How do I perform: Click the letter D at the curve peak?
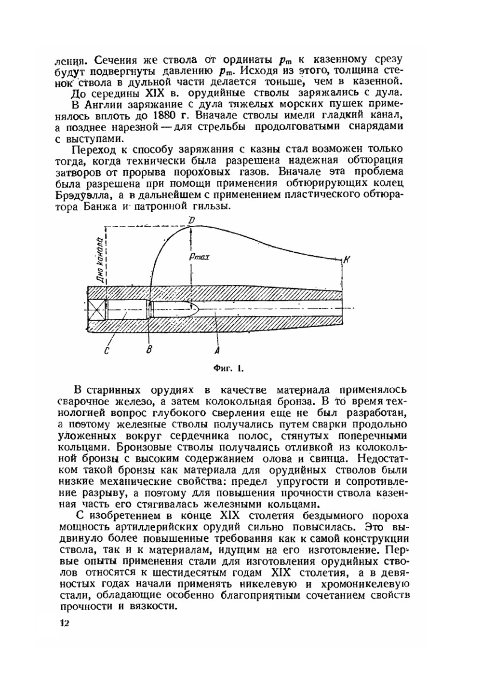(191, 220)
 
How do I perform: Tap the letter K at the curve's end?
(347, 260)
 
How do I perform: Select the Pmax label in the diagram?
(199, 257)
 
